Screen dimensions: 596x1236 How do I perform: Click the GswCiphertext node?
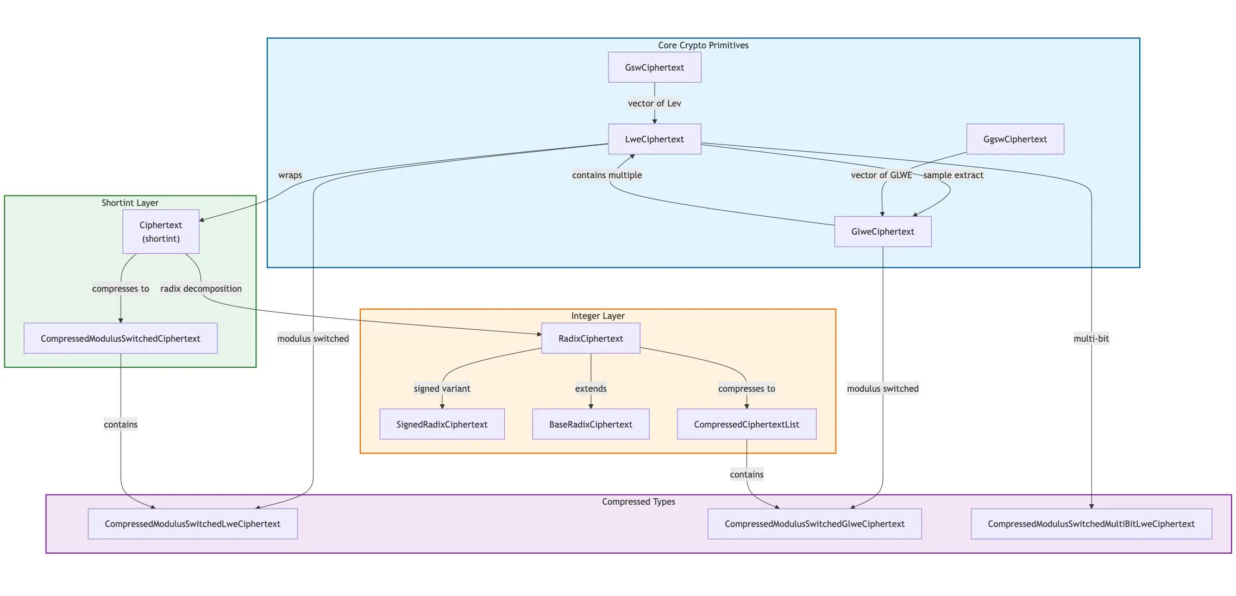click(654, 67)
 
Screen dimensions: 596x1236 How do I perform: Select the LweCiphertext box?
click(654, 139)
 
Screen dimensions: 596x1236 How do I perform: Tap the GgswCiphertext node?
click(1015, 139)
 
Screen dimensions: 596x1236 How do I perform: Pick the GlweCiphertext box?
click(882, 231)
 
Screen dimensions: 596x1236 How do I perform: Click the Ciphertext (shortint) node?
click(161, 231)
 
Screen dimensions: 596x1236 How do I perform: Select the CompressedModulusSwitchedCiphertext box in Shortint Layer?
click(121, 338)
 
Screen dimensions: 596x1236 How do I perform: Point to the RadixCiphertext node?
click(591, 338)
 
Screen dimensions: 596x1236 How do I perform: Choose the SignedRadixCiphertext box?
click(442, 424)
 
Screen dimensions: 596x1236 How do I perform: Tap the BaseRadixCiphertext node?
click(591, 424)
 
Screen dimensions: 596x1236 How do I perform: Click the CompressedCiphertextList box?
click(746, 424)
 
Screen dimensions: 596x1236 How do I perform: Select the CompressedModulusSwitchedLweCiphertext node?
click(192, 524)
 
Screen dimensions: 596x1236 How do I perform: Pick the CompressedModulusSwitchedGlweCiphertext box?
click(814, 524)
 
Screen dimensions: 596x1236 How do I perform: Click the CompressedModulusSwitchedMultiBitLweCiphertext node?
click(1091, 524)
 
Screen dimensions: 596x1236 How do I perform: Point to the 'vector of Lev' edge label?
click(654, 103)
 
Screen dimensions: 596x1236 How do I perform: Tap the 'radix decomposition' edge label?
click(201, 288)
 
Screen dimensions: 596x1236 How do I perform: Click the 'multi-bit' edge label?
click(1091, 338)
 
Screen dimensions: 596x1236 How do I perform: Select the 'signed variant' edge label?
click(442, 388)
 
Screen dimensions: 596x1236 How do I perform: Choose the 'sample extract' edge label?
click(953, 175)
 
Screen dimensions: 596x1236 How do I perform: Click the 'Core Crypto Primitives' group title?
click(703, 45)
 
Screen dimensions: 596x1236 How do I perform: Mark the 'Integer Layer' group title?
click(598, 316)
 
